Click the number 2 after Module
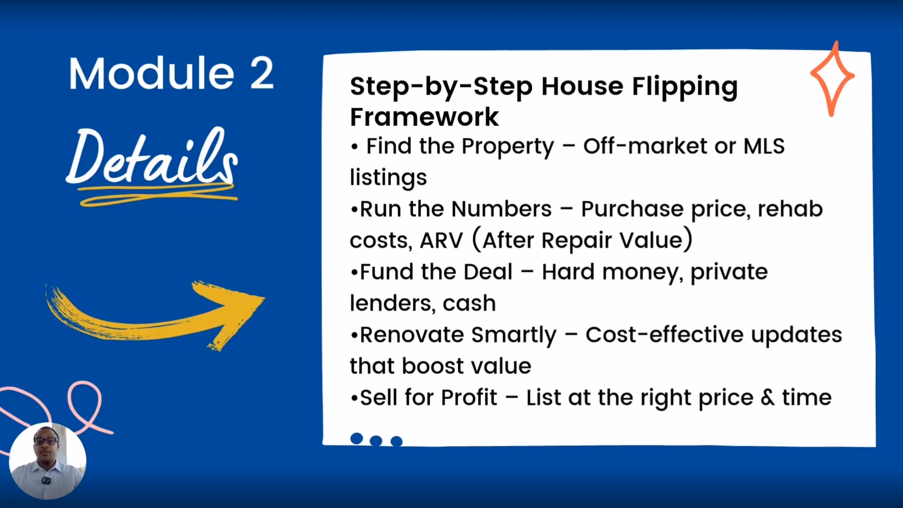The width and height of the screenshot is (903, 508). coord(262,74)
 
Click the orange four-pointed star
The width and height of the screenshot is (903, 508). coord(832,78)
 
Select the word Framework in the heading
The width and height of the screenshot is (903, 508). coord(424,117)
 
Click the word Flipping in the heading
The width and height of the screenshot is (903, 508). coord(685,87)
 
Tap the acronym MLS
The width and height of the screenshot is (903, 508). coord(764,146)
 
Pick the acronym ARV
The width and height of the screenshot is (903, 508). coord(441,240)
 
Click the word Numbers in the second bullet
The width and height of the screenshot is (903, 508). coord(502,209)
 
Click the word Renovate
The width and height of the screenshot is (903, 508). coord(412,335)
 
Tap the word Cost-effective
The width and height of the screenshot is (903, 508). coord(664,335)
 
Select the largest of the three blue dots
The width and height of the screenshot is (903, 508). coord(357,438)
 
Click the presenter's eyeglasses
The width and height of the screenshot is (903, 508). coord(46,441)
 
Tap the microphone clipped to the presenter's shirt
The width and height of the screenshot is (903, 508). coord(46,481)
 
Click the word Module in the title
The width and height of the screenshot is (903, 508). coord(152,73)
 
